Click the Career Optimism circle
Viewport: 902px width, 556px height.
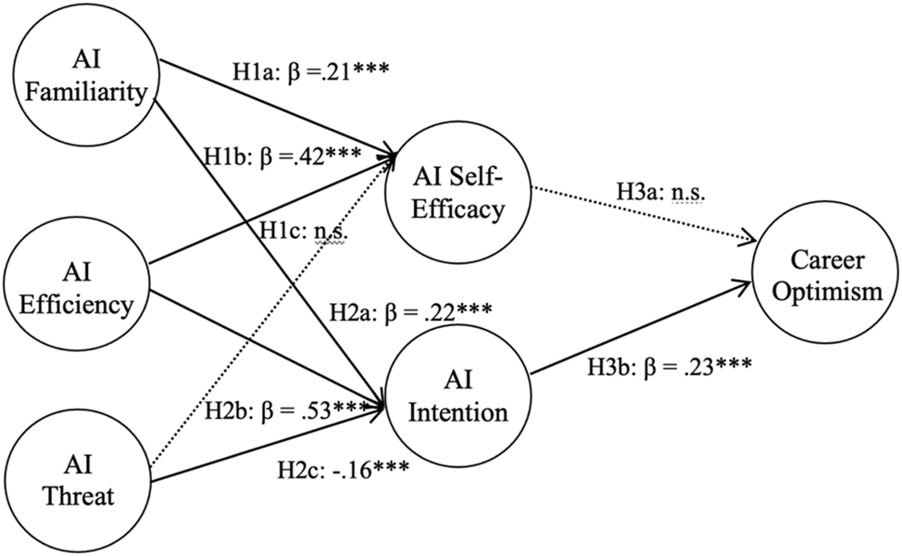tap(828, 278)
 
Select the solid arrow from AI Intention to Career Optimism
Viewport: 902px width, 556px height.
tap(639, 324)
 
